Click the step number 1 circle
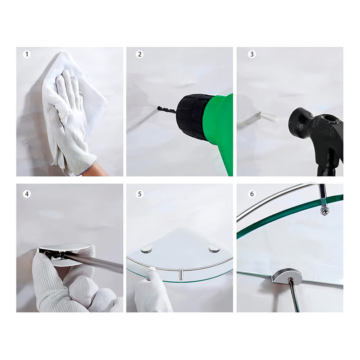pyautogui.click(x=27, y=54)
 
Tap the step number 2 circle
pyautogui.click(x=139, y=54)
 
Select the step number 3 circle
pyautogui.click(x=252, y=54)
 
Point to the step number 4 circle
pyautogui.click(x=27, y=194)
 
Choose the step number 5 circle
pyautogui.click(x=139, y=194)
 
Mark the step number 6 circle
pyautogui.click(x=252, y=194)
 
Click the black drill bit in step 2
pyautogui.click(x=167, y=110)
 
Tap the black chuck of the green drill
pyautogui.click(x=193, y=116)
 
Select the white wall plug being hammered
pyautogui.click(x=269, y=117)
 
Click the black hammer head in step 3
pyautogui.click(x=316, y=133)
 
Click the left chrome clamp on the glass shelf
pyautogui.click(x=147, y=250)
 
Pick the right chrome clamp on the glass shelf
pyautogui.click(x=214, y=249)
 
